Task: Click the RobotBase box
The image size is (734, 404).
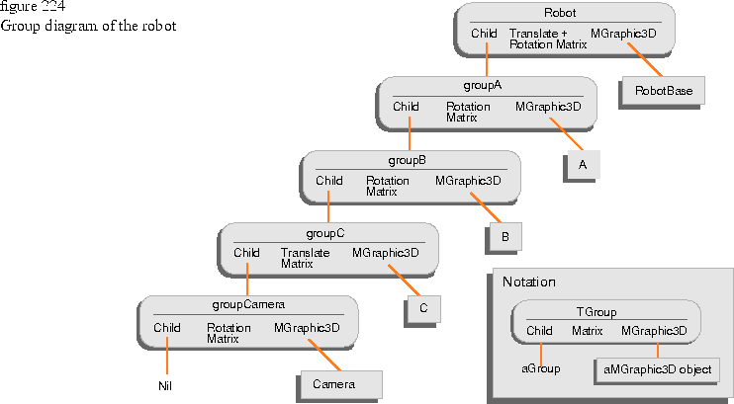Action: tap(664, 91)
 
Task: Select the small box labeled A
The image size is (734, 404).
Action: tap(584, 165)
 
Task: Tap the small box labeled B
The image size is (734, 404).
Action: tap(505, 237)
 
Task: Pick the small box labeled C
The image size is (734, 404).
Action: tap(424, 308)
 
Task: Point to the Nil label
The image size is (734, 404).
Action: tap(165, 386)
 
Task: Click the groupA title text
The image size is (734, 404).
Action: tap(482, 86)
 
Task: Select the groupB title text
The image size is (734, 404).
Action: tap(407, 160)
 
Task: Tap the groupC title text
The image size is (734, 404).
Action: tap(324, 233)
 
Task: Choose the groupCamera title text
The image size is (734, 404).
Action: tap(248, 305)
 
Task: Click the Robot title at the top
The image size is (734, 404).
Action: tap(560, 13)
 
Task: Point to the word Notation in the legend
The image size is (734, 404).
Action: tap(529, 282)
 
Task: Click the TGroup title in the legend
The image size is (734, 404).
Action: tap(596, 312)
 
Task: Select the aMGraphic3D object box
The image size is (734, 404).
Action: tap(657, 370)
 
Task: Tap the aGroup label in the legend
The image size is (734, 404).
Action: tap(541, 368)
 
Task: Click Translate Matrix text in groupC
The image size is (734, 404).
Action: tap(305, 258)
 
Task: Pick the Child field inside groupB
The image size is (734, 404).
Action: tap(328, 181)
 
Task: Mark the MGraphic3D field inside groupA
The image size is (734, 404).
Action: tap(548, 107)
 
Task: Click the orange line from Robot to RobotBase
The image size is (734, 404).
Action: tap(645, 59)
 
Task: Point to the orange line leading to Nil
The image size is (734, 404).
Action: tap(167, 356)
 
